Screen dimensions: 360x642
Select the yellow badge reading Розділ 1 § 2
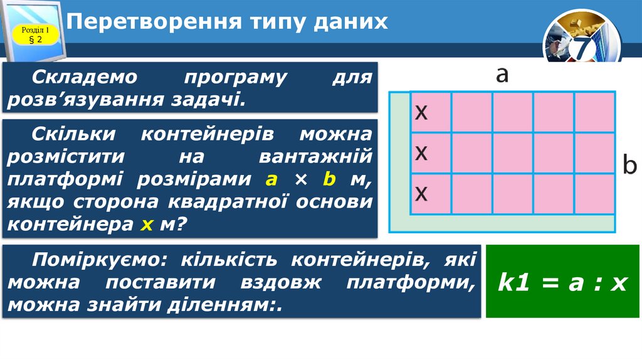pyautogui.click(x=35, y=35)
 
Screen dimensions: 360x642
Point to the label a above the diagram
pyautogui.click(x=502, y=75)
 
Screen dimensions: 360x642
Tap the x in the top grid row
pyautogui.click(x=422, y=112)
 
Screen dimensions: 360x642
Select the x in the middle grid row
pyautogui.click(x=422, y=152)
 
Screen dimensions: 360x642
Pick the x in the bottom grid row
pyautogui.click(x=422, y=193)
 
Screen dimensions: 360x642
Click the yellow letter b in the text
pyautogui.click(x=329, y=179)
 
